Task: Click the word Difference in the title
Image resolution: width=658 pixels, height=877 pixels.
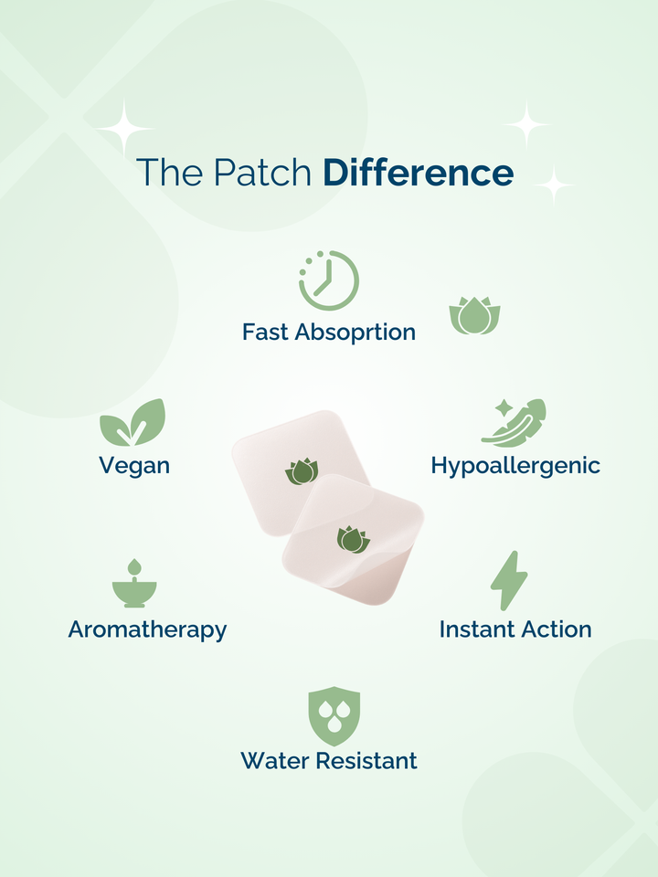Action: tap(418, 172)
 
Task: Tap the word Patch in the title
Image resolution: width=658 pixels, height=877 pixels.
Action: tap(262, 172)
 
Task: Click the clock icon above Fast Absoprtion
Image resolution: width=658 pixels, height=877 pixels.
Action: tap(329, 280)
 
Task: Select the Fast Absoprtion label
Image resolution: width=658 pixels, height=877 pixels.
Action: tap(329, 333)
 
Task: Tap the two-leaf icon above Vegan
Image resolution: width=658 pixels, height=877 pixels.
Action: tap(133, 423)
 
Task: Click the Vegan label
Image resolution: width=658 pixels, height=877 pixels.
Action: tap(134, 465)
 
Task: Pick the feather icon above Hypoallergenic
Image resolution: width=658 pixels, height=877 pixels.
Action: tap(514, 423)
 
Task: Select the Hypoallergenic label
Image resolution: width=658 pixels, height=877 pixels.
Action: tap(515, 465)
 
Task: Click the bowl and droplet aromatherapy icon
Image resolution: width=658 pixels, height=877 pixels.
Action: tap(134, 584)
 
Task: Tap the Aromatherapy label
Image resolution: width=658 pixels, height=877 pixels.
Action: tap(148, 629)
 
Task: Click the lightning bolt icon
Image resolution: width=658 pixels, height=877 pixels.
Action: tap(509, 581)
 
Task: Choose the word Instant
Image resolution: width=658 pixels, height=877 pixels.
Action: tap(474, 629)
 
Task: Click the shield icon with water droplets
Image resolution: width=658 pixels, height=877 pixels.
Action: tap(334, 716)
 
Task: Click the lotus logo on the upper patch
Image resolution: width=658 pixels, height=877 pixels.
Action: tap(302, 471)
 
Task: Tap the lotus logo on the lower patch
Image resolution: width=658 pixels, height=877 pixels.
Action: tap(354, 540)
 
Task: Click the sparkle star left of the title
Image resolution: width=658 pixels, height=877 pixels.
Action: tap(124, 129)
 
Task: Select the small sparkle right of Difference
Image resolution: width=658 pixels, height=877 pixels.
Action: tap(554, 184)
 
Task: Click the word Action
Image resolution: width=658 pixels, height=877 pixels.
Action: tap(553, 629)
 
